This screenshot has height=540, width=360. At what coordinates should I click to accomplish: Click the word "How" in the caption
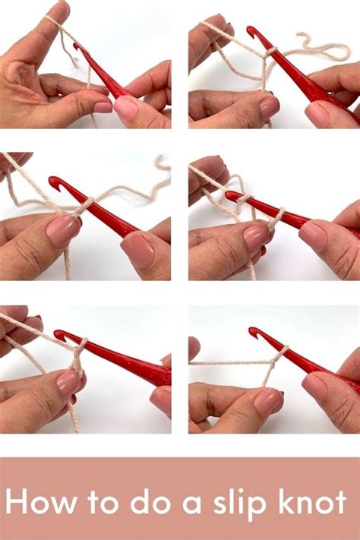tap(41, 501)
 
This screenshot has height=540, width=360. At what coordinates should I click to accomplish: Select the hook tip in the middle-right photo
tap(229, 195)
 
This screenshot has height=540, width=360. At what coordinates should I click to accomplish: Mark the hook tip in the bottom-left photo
tap(58, 333)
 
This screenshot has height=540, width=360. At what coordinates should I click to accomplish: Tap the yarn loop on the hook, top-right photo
tap(271, 51)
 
